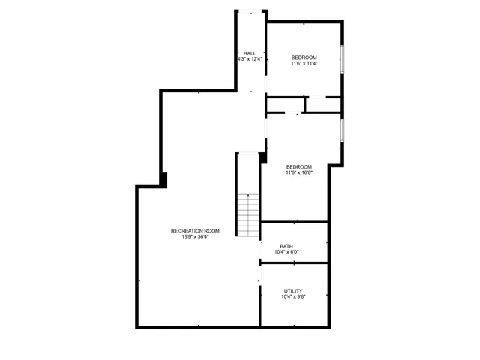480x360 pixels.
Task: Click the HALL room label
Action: coord(250,52)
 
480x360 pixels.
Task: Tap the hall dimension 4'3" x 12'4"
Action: coord(250,58)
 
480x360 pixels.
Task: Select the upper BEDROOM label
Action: coord(304,58)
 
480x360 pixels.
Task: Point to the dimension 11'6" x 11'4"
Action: coord(304,64)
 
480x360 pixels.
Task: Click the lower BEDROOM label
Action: coord(298,166)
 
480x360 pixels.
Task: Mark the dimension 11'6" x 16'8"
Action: coord(298,172)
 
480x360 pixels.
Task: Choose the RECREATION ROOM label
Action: coord(195,230)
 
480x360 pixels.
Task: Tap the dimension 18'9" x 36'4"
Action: coord(195,236)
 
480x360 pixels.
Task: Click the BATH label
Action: coord(286,245)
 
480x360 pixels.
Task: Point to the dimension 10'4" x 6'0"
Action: coord(293,251)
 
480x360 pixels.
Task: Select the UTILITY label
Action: coord(293,290)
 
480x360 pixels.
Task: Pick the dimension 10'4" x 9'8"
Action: coord(293,296)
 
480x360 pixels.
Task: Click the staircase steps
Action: coord(248,214)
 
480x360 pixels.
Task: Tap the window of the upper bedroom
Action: coord(343,58)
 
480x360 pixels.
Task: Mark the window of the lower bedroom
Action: coord(343,129)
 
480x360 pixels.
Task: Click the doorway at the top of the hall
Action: coord(250,11)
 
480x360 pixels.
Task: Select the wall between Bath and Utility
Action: coord(294,262)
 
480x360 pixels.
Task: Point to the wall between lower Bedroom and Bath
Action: coord(294,222)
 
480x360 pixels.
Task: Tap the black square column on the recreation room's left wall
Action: coord(163,180)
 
